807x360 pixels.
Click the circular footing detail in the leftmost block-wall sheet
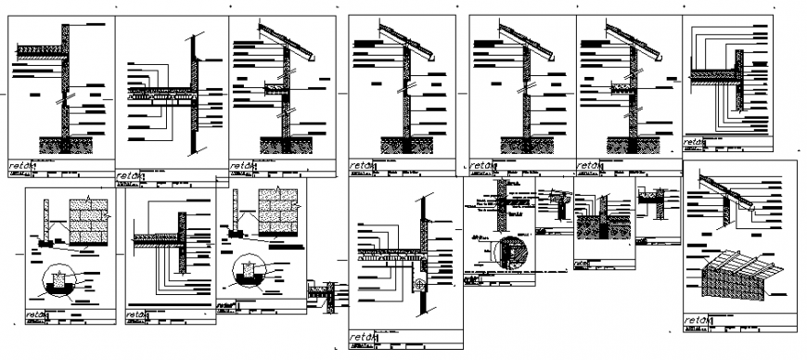59,276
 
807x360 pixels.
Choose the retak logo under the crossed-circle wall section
363,336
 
